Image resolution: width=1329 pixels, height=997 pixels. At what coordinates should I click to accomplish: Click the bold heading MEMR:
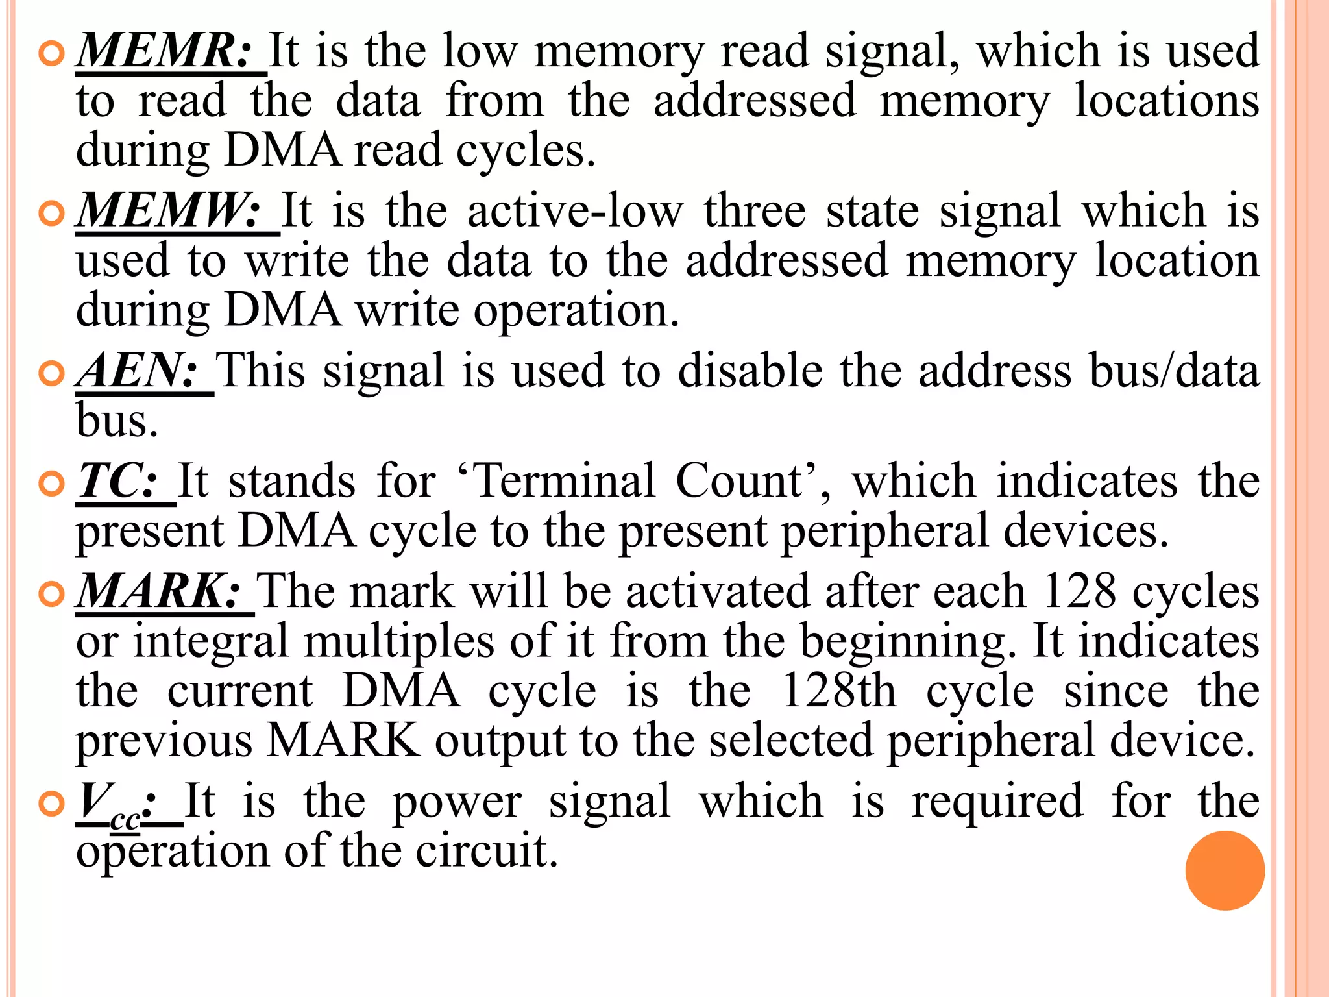coord(164,51)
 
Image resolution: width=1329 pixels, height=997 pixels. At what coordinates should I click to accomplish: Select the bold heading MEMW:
coord(169,210)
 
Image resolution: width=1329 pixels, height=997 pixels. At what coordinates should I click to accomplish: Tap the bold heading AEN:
coord(138,370)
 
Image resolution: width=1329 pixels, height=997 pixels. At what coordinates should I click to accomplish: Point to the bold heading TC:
coord(119,481)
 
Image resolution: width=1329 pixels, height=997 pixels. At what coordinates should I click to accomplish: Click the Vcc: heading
coord(117,803)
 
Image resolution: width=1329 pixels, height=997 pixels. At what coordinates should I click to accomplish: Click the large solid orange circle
coord(1225,870)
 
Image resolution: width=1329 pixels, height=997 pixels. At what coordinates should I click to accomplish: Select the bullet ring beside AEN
coord(52,373)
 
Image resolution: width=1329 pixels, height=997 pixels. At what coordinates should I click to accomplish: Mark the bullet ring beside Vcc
coord(52,804)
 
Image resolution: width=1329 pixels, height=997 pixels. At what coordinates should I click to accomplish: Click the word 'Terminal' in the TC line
coord(564,481)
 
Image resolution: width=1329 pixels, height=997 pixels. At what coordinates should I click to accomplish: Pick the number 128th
coord(838,690)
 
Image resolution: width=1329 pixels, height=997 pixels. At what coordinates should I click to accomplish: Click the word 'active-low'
coord(575,210)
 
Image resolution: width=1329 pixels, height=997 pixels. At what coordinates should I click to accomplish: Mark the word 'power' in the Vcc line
coord(457,803)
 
